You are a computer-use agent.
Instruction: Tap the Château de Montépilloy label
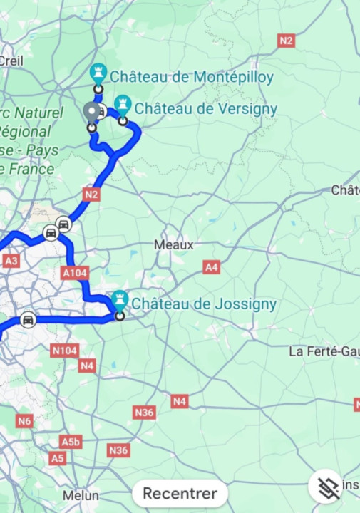click(x=191, y=77)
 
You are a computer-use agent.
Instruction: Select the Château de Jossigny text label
click(x=204, y=304)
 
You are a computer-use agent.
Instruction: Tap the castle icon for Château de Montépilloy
click(x=98, y=73)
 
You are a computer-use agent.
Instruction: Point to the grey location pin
click(x=91, y=113)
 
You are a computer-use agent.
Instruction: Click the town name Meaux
click(x=174, y=244)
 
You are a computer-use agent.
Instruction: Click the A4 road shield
click(x=211, y=267)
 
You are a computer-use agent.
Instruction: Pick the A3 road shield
click(x=11, y=261)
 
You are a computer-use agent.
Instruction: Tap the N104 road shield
click(x=64, y=350)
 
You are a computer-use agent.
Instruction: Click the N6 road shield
click(x=25, y=421)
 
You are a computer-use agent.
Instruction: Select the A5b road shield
click(x=71, y=442)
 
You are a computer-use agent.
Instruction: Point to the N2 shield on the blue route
click(x=91, y=194)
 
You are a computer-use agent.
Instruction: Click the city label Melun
click(x=81, y=495)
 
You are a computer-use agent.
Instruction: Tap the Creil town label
click(x=11, y=61)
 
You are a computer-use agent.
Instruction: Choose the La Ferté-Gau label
click(x=324, y=351)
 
